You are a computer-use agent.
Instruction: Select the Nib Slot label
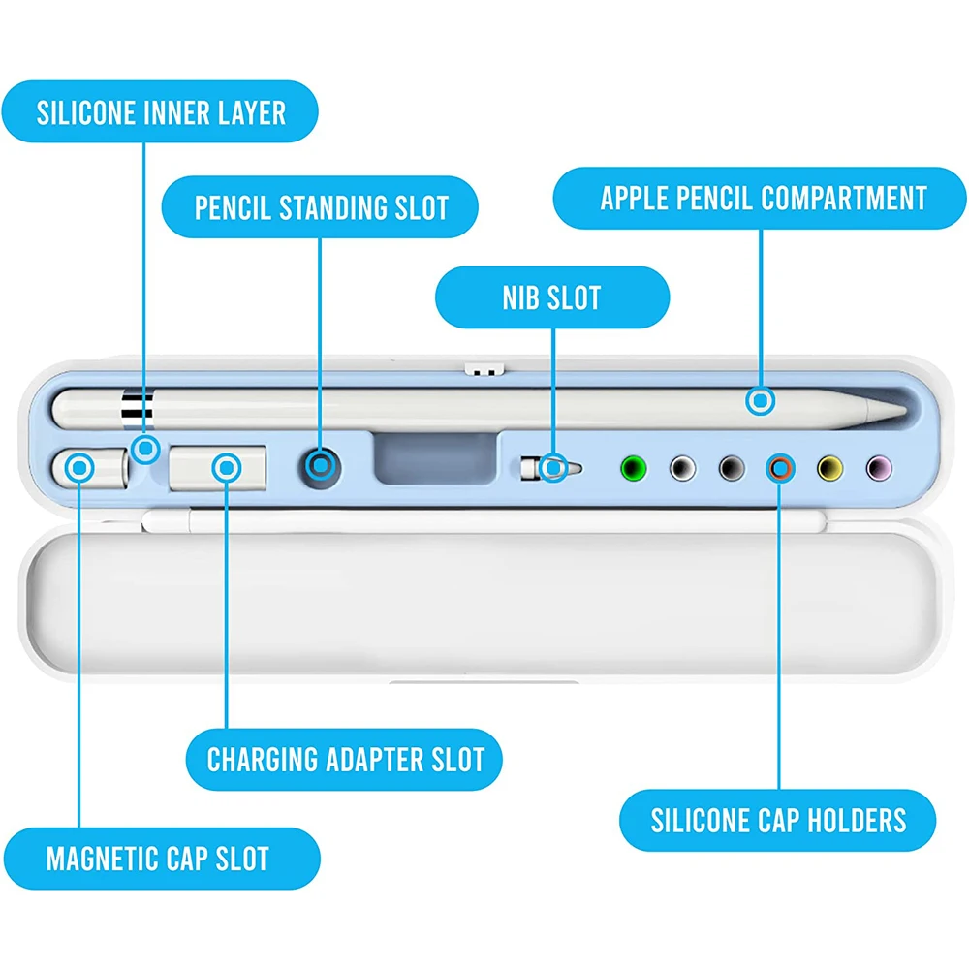(x=552, y=297)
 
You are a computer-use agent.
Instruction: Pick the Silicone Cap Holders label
(x=777, y=821)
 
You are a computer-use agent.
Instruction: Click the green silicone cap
(x=634, y=468)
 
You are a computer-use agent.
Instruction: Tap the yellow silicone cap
(x=830, y=468)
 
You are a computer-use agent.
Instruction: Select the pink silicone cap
(x=879, y=468)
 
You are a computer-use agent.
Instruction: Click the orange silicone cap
(x=780, y=468)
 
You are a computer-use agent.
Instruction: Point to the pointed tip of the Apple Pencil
(x=906, y=410)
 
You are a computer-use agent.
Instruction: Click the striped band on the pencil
(x=138, y=408)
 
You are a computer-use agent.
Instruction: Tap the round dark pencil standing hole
(x=320, y=467)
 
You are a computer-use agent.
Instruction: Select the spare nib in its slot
(x=550, y=468)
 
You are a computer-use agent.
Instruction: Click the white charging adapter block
(x=217, y=468)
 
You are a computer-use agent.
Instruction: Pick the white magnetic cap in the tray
(x=90, y=468)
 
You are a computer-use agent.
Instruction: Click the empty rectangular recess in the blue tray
(x=436, y=458)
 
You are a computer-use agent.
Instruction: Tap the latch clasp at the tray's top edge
(x=484, y=369)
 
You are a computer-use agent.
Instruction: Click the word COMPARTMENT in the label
(x=844, y=199)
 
